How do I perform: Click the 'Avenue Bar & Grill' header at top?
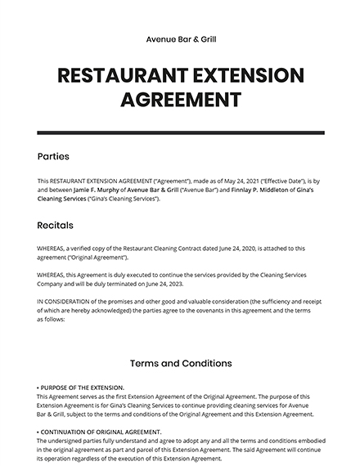coord(180,38)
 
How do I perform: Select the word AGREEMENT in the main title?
coord(180,101)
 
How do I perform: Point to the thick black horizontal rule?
coord(180,132)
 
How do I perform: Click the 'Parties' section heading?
coord(53,156)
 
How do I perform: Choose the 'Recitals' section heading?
coord(55,224)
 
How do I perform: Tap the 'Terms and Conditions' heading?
coord(180,363)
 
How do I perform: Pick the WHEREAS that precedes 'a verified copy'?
coord(54,248)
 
